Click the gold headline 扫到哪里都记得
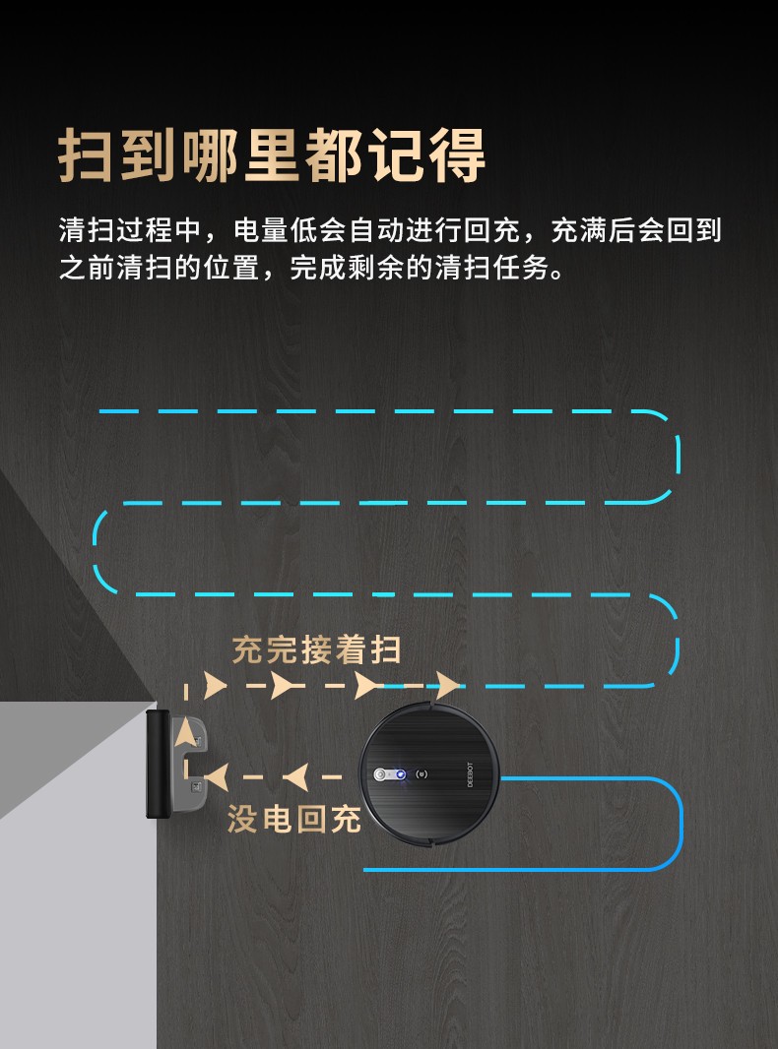[x=272, y=155]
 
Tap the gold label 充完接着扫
[x=317, y=648]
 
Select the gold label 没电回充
[x=293, y=818]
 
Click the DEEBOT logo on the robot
[x=469, y=774]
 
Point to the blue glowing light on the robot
[x=401, y=774]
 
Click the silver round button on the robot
[x=380, y=774]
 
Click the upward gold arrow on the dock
[x=185, y=732]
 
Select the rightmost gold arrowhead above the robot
[x=447, y=686]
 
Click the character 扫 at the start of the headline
[x=85, y=155]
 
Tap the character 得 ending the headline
[x=457, y=155]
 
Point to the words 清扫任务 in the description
[x=492, y=268]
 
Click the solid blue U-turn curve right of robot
[x=681, y=825]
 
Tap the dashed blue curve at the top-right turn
[x=678, y=455]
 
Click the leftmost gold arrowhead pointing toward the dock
[x=216, y=777]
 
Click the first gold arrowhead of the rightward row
[x=215, y=686]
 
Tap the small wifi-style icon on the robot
[x=421, y=774]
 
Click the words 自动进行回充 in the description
[x=434, y=230]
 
